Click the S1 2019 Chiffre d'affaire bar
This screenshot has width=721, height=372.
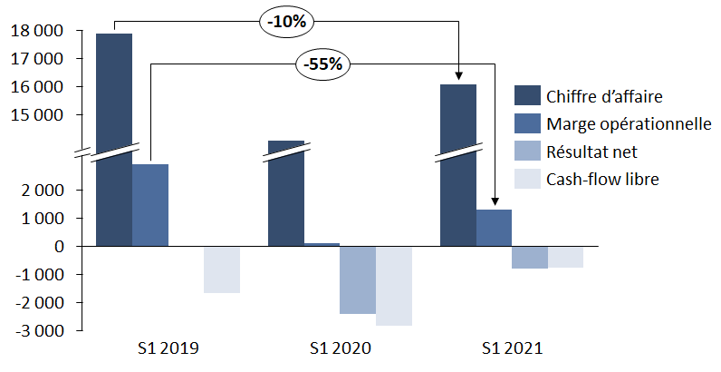click(114, 136)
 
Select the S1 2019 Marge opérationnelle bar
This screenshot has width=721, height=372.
click(150, 205)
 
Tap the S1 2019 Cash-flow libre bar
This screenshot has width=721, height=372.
click(222, 269)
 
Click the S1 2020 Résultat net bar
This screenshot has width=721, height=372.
click(358, 279)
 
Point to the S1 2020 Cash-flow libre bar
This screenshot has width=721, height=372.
click(394, 285)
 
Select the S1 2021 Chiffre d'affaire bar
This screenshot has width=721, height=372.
click(458, 163)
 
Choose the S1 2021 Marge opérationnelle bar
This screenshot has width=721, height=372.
click(495, 228)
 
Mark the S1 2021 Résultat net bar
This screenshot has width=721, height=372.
click(530, 257)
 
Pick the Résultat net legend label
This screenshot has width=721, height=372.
click(592, 151)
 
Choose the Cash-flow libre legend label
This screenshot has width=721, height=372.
click(602, 179)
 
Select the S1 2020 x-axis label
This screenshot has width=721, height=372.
click(340, 348)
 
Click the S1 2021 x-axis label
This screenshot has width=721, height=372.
click(512, 348)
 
